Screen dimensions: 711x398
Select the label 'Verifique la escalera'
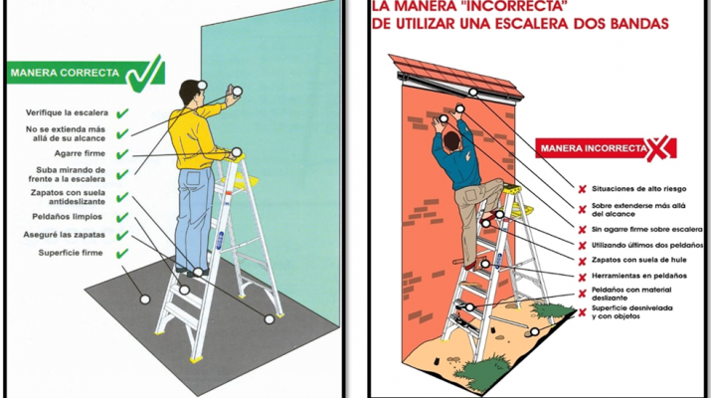tap(67, 112)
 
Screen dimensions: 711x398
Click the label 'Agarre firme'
tap(80, 153)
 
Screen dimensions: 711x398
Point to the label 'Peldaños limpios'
tap(67, 217)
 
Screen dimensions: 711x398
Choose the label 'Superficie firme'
tap(71, 253)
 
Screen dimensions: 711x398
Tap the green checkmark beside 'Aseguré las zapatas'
tap(122, 235)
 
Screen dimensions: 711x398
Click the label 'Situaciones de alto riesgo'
tap(638, 189)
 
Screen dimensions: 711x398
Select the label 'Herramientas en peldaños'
tap(638, 276)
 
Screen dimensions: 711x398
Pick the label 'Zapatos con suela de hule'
tap(638, 260)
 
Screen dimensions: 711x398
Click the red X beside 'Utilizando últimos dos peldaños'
tap(582, 246)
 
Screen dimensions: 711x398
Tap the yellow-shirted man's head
tap(190, 93)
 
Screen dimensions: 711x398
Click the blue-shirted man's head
tap(451, 141)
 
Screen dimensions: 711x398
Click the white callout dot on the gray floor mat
tap(144, 299)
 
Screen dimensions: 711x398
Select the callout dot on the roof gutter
tap(473, 93)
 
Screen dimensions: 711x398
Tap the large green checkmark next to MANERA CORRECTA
tap(144, 74)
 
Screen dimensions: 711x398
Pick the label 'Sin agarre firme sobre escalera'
tap(647, 230)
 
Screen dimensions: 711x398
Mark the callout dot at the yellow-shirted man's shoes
tap(198, 273)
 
